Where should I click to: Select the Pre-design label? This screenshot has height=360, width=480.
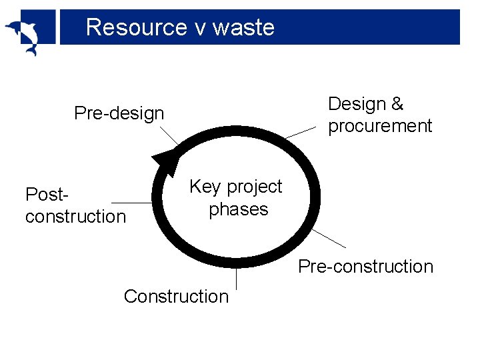tap(119, 113)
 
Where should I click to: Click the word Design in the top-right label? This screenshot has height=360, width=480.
tap(357, 104)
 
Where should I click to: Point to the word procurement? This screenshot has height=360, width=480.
tap(380, 126)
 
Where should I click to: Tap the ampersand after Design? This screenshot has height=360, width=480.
tap(398, 104)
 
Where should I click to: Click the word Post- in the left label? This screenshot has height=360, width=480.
tap(47, 195)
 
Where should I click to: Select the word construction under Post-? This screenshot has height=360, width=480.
tap(75, 217)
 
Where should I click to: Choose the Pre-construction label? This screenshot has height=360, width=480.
tap(365, 267)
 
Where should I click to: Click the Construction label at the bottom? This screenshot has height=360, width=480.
tap(176, 296)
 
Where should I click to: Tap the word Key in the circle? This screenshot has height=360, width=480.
tap(205, 187)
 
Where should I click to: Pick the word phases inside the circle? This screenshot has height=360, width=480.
tap(238, 209)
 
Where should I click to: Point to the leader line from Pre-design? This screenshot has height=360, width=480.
tap(171, 137)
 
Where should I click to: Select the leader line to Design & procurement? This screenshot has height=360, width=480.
tap(301, 132)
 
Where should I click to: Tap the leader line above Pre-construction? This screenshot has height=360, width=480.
tap(329, 239)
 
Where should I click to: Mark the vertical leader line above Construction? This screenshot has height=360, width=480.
tap(237, 277)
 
